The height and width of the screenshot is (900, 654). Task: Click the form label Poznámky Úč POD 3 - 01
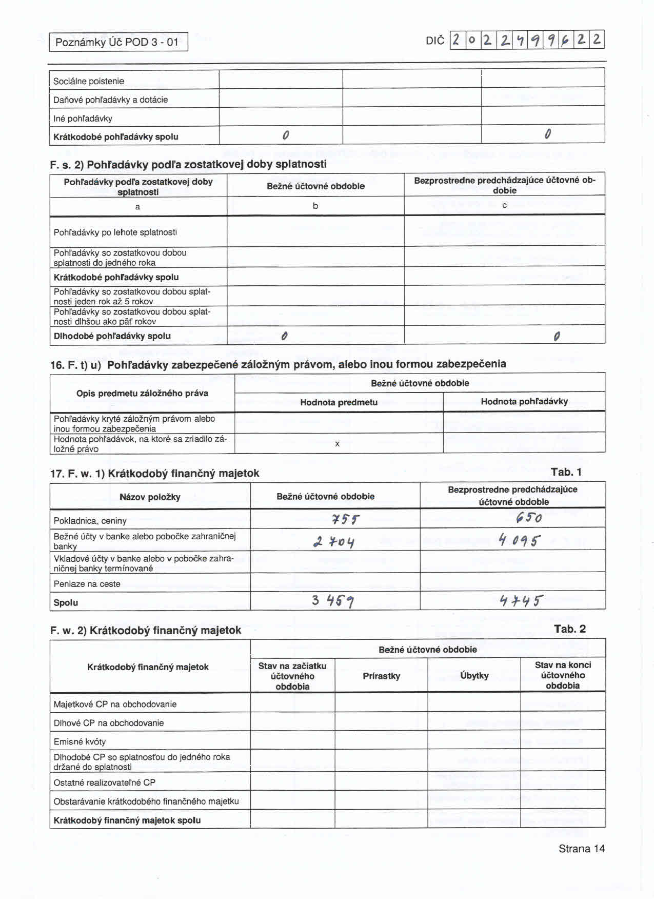click(117, 42)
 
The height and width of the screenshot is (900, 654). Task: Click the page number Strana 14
click(581, 849)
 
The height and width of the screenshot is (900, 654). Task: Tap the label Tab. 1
click(566, 472)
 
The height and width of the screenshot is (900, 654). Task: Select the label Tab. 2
click(569, 629)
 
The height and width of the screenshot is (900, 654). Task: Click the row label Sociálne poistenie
click(89, 81)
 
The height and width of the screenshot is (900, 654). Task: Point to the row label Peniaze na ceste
click(87, 584)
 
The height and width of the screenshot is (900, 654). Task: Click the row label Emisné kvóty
click(80, 741)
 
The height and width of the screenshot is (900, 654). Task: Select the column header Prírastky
click(381, 676)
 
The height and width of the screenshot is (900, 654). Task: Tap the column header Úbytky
click(474, 676)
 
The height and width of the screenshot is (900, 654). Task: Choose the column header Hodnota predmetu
click(339, 402)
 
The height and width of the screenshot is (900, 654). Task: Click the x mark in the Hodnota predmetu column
click(337, 444)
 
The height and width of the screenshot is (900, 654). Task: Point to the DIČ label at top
click(435, 41)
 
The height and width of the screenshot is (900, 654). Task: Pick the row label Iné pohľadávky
click(83, 119)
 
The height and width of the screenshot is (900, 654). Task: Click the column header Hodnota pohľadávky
click(524, 401)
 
